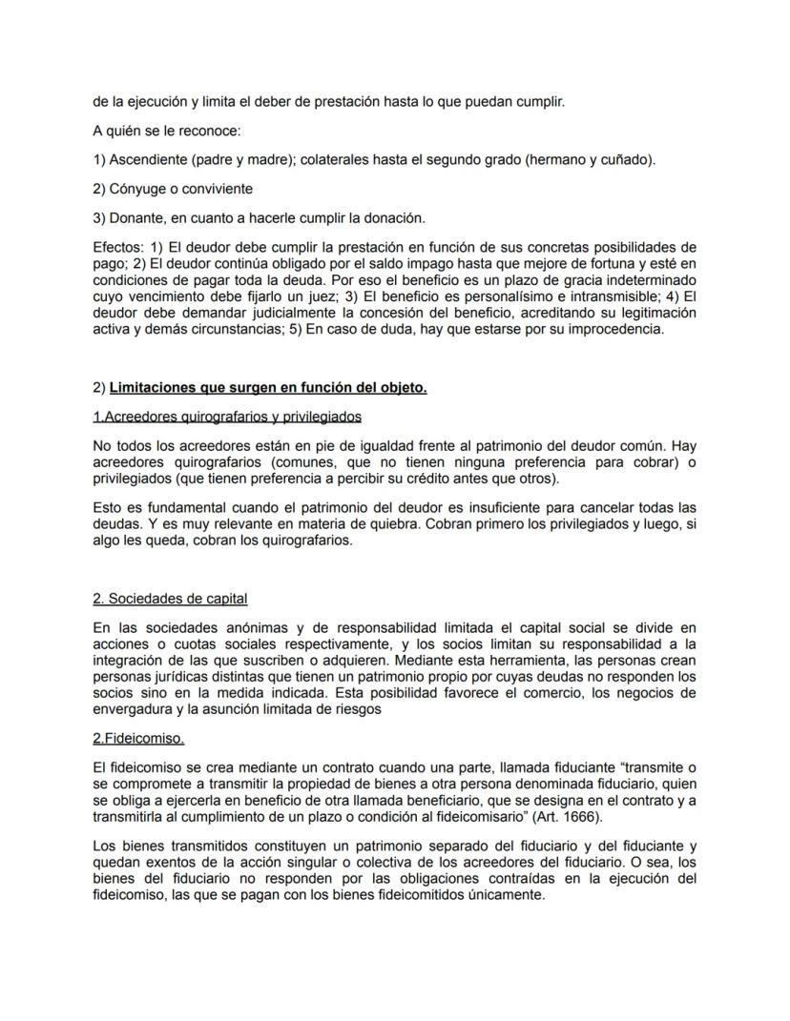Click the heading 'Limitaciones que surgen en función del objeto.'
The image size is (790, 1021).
[268, 388]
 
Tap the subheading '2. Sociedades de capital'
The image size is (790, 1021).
[170, 599]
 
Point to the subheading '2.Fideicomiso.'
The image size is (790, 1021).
[138, 739]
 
